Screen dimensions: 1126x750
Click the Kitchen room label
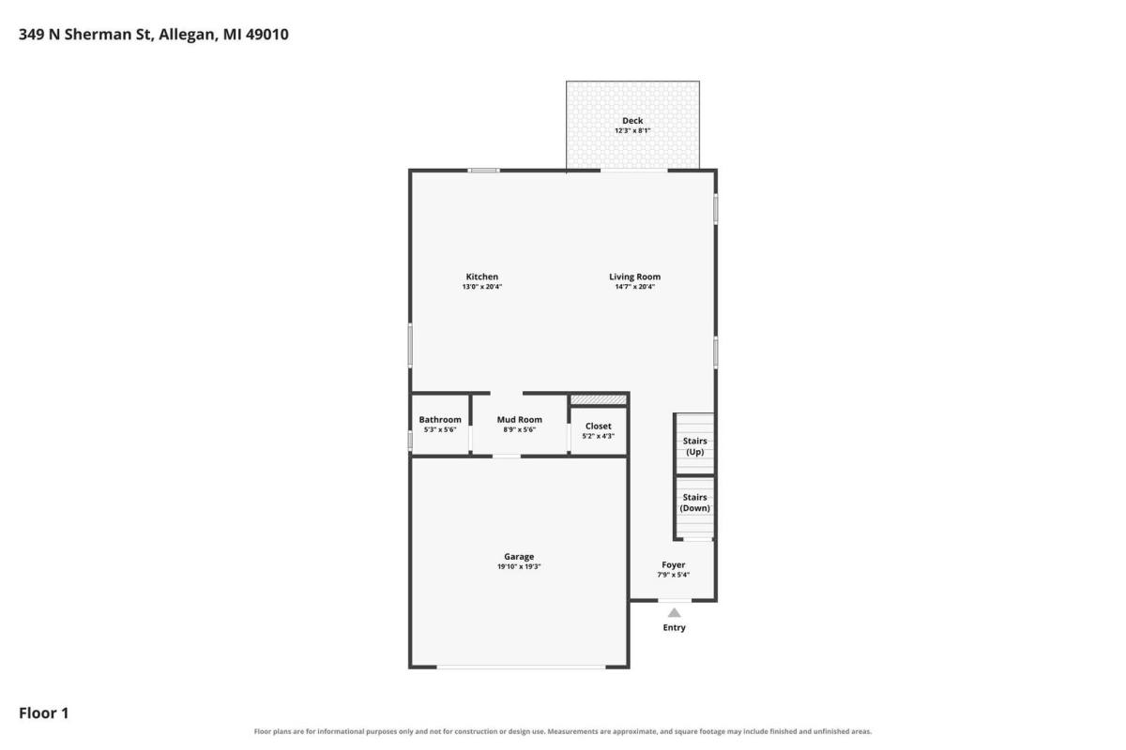coord(481,277)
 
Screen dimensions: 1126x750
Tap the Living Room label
coord(634,277)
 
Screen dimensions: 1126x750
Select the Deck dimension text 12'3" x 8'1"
coord(632,130)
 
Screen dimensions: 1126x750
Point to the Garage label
coord(519,557)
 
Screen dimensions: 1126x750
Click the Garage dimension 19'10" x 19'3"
coord(519,566)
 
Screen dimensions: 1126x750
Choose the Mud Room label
coord(519,419)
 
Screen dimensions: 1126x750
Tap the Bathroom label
coord(440,419)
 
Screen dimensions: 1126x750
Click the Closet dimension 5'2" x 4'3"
coord(599,436)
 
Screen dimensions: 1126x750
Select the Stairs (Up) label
coord(694,446)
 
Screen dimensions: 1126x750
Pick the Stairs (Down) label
coord(694,502)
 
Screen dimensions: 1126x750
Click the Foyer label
coord(673,564)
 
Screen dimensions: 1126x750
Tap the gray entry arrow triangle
coord(674,613)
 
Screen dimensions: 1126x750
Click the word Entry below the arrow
coord(674,627)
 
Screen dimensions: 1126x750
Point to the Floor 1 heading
coord(44,712)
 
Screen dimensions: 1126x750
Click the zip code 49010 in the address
coord(266,34)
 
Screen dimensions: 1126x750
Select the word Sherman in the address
coord(98,34)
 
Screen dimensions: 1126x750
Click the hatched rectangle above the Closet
coord(599,400)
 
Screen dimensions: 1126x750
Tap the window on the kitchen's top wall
coord(483,171)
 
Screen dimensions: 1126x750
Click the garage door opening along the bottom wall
coord(521,667)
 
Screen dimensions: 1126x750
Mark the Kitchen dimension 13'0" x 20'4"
coord(482,287)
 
